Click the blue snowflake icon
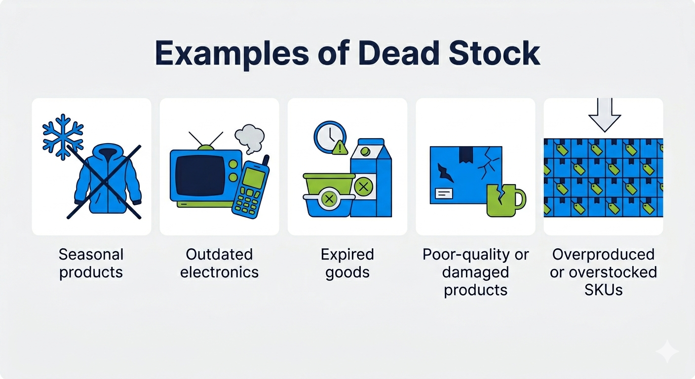tap(63, 137)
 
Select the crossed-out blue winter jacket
tap(107, 179)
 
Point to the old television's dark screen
tap(199, 175)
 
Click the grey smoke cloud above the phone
tap(250, 139)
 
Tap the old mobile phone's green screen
tap(253, 178)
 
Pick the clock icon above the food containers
tap(330, 137)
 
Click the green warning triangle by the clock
tap(341, 148)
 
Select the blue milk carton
tap(371, 177)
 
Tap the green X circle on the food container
tap(329, 198)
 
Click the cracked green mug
tap(506, 200)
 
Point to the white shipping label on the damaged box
tap(444, 193)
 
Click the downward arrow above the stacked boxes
tap(605, 115)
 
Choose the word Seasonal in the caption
tap(91, 255)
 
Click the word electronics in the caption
tap(219, 272)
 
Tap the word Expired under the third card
tap(347, 255)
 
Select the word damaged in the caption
tap(476, 272)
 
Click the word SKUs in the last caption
tap(604, 290)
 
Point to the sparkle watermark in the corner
tap(667, 351)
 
